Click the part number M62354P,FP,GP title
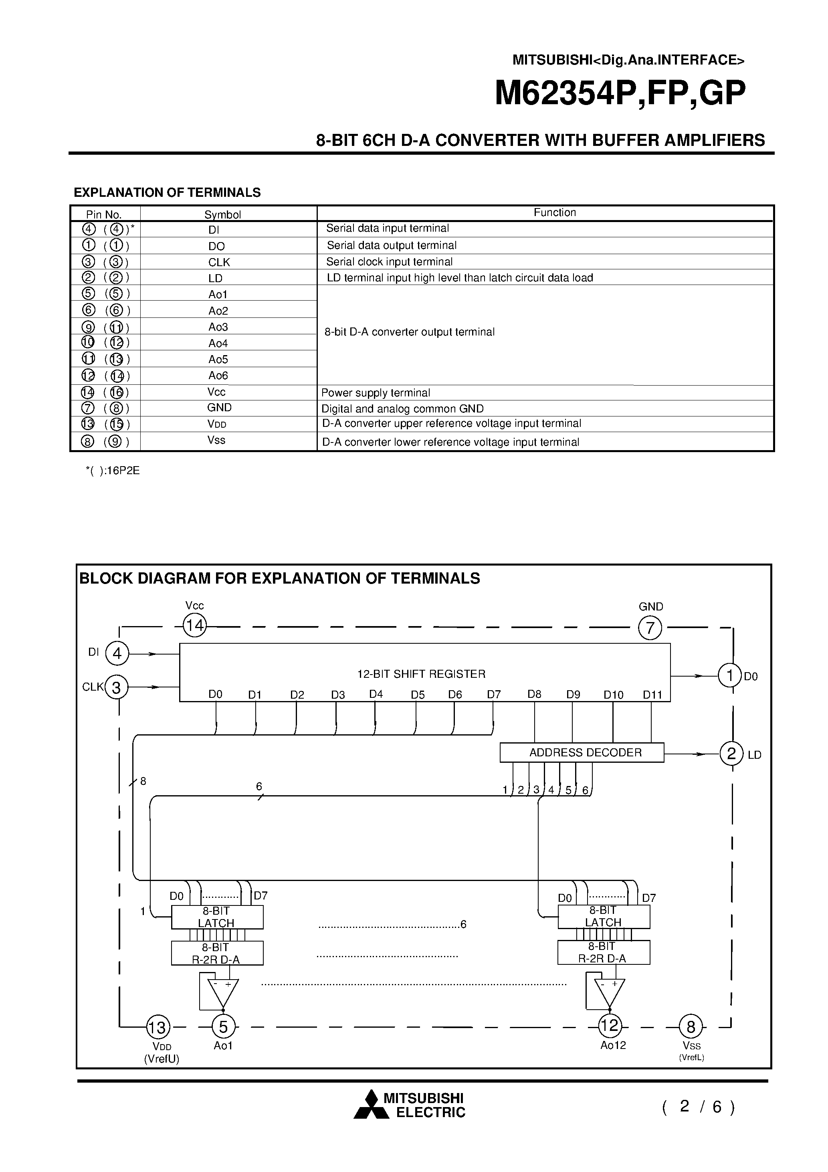620,93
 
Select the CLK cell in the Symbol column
219,262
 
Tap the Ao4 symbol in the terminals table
218,343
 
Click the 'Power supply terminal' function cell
376,392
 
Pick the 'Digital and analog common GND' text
402,408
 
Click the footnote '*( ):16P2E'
112,471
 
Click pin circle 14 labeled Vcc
194,626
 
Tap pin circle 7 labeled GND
650,628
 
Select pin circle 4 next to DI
117,653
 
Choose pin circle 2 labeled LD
731,754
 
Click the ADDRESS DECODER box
582,752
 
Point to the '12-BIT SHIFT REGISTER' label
421,674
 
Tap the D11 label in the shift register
652,695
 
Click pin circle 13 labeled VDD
158,1027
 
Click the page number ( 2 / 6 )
698,1106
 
